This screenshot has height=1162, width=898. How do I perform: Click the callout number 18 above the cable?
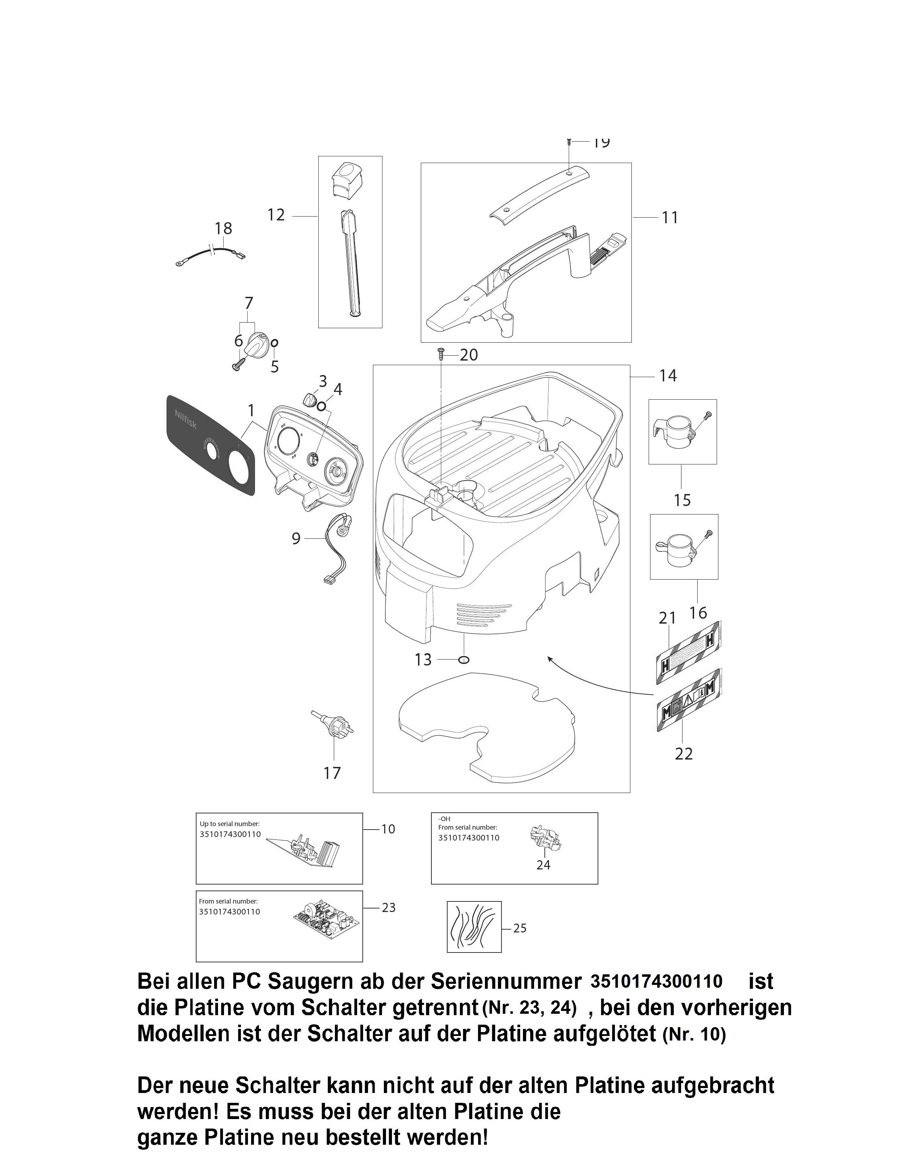click(x=223, y=228)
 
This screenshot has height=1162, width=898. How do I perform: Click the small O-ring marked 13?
click(x=463, y=660)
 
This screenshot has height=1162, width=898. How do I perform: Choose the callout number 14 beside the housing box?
click(x=668, y=376)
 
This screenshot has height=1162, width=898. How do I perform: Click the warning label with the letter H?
click(x=688, y=652)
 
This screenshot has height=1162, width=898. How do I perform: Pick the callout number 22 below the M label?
click(x=684, y=754)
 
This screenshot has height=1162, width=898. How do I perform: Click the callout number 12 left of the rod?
click(x=276, y=215)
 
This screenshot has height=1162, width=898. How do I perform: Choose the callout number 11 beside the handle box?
click(x=670, y=218)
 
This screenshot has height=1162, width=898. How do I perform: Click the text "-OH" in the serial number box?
click(x=444, y=819)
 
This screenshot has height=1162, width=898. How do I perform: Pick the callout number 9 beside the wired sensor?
click(x=296, y=538)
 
